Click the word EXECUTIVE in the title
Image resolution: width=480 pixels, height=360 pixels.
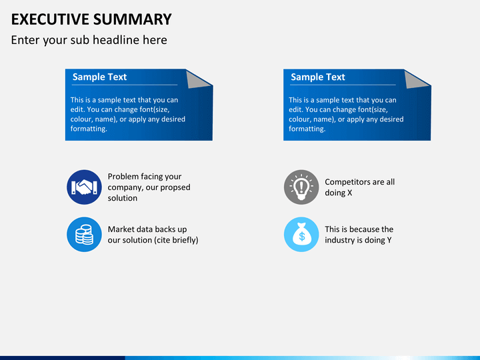[50, 19]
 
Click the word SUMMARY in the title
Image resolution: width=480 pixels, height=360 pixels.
[132, 19]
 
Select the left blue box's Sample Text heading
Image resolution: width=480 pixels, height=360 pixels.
[99, 77]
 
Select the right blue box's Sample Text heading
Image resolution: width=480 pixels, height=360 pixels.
[318, 77]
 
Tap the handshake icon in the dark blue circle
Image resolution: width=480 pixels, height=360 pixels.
[84, 187]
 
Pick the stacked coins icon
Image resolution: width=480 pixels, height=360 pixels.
[84, 235]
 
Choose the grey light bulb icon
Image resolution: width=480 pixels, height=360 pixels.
[301, 187]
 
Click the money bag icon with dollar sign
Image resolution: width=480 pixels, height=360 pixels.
[301, 235]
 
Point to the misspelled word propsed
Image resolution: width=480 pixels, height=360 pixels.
[175, 187]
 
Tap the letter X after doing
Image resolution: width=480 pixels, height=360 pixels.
[349, 193]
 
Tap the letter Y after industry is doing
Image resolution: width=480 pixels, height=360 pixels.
[389, 240]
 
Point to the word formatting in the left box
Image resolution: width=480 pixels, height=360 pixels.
[89, 129]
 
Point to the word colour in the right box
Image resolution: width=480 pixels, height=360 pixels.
[298, 119]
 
